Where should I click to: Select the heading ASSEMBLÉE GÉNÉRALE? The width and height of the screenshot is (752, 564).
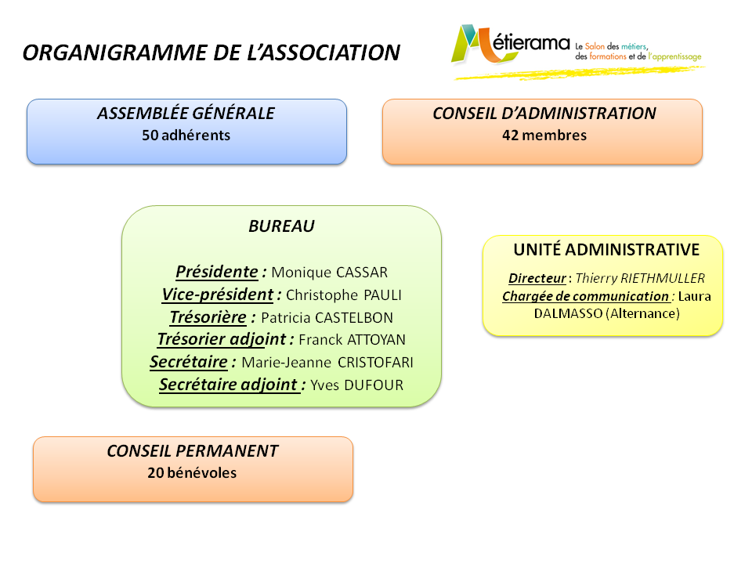[x=186, y=113]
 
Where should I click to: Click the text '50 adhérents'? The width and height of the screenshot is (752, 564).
[x=186, y=136]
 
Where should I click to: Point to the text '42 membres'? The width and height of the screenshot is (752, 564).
[x=544, y=136]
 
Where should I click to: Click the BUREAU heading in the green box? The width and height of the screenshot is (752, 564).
[x=281, y=226]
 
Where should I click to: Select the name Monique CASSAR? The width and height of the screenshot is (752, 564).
[x=330, y=273]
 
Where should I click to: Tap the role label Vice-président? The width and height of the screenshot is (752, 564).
[x=217, y=295]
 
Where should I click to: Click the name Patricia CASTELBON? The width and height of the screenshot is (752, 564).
[x=327, y=317]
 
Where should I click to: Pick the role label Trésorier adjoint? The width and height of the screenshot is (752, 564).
[x=222, y=339]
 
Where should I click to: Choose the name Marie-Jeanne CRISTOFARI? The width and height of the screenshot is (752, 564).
[x=327, y=363]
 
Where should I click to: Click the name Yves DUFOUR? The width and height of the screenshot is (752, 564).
[x=357, y=385]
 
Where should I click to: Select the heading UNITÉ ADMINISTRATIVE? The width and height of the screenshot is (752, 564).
[x=606, y=250]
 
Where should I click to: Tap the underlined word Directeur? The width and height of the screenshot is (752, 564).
[x=537, y=278]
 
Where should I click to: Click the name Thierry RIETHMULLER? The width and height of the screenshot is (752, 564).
[x=640, y=278]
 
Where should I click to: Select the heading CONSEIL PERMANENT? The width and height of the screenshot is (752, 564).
[x=193, y=451]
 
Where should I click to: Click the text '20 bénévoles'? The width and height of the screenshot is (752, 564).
[x=193, y=473]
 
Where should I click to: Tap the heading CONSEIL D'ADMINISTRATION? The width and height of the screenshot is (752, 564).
[x=544, y=113]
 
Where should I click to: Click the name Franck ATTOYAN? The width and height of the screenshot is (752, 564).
[x=352, y=340]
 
